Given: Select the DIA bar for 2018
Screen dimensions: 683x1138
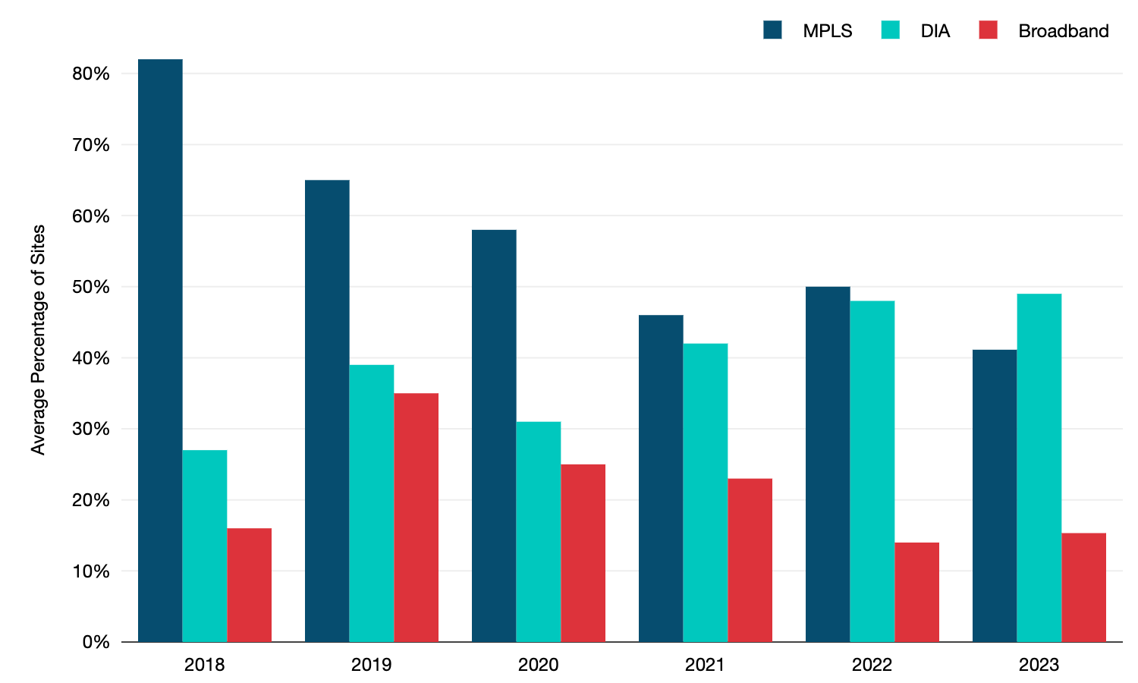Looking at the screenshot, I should point(205,546).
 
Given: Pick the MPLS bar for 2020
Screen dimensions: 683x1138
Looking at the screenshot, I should point(494,436).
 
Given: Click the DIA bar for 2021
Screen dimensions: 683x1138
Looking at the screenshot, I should point(706,493).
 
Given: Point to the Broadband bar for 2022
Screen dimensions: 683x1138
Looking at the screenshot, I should point(917,592).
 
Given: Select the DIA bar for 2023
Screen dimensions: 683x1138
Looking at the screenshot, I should point(1039,467).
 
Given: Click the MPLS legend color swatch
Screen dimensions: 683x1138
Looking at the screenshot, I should point(772,30).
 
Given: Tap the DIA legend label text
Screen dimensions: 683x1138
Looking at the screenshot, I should point(935,31).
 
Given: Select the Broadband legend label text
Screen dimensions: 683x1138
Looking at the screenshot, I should point(1063,31).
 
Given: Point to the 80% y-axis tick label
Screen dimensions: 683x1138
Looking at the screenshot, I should point(91,74).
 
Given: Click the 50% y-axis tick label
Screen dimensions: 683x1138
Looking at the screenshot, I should point(91,287).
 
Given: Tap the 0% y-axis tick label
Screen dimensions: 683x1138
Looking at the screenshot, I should point(96,642).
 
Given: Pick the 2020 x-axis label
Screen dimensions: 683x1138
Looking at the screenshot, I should point(538,665).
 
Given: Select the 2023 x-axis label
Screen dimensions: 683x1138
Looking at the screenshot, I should point(1039,665).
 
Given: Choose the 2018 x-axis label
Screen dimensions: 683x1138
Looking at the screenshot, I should point(204,665).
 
